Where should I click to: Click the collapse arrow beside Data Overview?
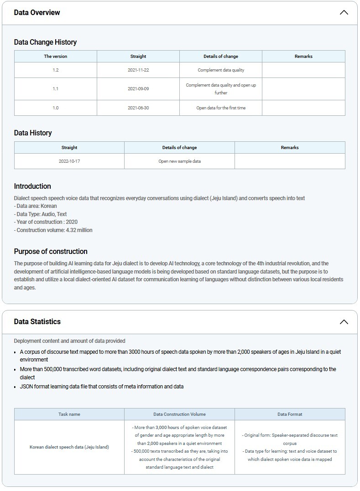[x=344, y=13]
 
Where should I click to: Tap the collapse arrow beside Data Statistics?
[x=344, y=322]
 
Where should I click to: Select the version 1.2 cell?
[x=56, y=70]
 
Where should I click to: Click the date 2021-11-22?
[x=138, y=70]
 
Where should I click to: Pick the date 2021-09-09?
[x=138, y=89]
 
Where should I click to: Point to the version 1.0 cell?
[x=56, y=108]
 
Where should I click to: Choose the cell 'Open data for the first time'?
[x=221, y=108]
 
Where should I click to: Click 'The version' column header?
[x=56, y=57]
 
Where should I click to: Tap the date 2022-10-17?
[x=69, y=161]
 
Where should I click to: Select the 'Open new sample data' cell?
[x=179, y=161]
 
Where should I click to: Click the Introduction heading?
[x=32, y=186]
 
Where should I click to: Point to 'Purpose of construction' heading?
[x=51, y=251]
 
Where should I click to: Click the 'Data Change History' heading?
[x=45, y=42]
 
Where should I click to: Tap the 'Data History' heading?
[x=33, y=133]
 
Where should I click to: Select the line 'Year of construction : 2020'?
[x=46, y=222]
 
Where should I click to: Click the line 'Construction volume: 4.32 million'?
[x=53, y=230]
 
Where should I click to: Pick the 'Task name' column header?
[x=69, y=414]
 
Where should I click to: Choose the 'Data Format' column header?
[x=290, y=414]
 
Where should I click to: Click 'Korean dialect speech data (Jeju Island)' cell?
[x=69, y=447]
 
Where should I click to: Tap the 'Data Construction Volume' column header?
[x=179, y=414]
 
